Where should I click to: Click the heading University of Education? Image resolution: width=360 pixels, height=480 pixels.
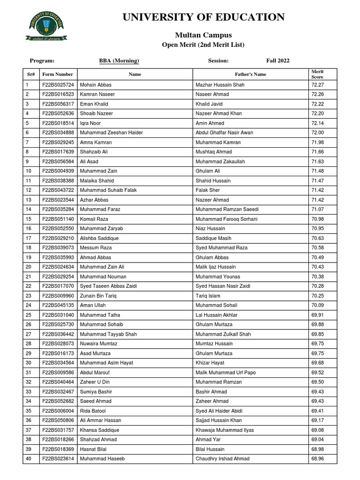click(x=203, y=17)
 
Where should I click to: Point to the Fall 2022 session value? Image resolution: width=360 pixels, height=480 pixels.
click(x=278, y=60)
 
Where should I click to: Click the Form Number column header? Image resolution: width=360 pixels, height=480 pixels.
click(x=58, y=74)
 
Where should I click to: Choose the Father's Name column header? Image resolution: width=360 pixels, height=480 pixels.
click(x=250, y=74)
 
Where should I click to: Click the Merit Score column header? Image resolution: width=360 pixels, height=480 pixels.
click(x=317, y=74)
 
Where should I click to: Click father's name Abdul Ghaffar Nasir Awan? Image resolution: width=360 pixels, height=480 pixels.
click(x=224, y=133)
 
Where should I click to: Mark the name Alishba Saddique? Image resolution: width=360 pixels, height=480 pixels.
click(x=99, y=238)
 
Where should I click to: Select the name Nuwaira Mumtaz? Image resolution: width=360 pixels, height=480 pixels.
click(x=98, y=344)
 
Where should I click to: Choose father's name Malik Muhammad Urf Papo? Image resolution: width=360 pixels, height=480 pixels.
click(x=225, y=372)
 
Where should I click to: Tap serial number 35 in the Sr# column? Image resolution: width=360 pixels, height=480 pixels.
click(x=29, y=411)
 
